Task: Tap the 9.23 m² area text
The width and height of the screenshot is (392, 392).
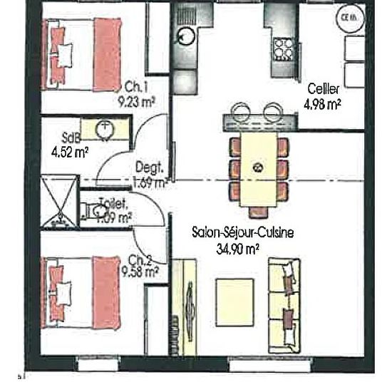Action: point(137,100)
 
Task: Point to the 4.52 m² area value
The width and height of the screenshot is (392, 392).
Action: point(70,151)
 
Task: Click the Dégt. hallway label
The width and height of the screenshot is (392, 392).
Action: point(150,170)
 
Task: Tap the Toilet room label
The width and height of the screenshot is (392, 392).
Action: point(113,202)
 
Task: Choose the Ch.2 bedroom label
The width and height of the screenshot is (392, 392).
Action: point(140,259)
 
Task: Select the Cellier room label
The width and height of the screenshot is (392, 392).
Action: point(323,89)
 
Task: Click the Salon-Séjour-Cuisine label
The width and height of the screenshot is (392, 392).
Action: point(244,232)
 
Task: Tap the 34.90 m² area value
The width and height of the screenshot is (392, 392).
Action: point(237,248)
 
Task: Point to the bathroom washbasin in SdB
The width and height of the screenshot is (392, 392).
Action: point(105,129)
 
